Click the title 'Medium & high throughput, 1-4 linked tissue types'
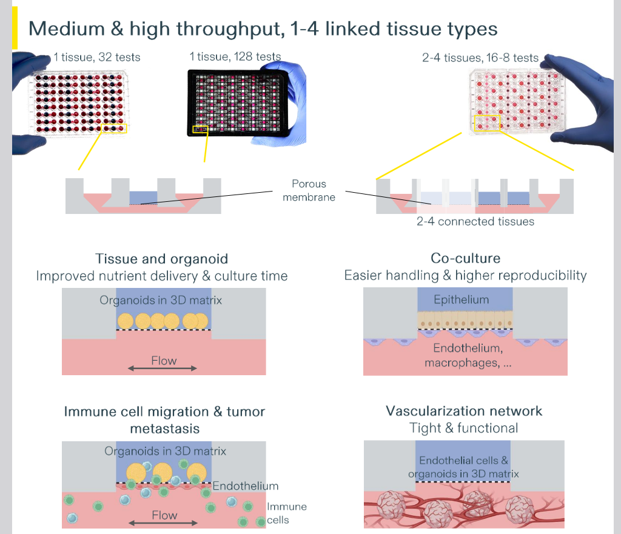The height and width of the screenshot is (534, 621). (x=263, y=28)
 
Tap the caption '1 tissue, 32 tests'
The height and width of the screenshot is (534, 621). (x=97, y=58)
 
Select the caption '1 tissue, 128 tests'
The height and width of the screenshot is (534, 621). (x=235, y=56)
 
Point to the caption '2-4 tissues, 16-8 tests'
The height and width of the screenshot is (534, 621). (x=480, y=58)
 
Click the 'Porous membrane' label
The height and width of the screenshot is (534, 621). (x=309, y=190)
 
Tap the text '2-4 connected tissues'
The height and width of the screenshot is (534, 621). (x=475, y=221)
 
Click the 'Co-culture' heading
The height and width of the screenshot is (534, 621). (x=465, y=258)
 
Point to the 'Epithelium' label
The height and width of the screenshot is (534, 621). (x=462, y=299)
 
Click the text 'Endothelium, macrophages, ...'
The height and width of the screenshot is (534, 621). (x=468, y=355)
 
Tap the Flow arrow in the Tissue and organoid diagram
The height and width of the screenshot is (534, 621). (x=164, y=368)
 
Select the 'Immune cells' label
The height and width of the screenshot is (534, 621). (x=286, y=513)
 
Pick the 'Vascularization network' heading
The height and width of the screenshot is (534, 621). (x=464, y=411)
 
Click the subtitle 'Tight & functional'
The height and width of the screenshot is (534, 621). (x=464, y=428)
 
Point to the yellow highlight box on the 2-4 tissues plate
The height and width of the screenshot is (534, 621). (x=486, y=123)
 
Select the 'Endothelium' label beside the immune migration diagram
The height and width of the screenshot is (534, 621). (x=245, y=486)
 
